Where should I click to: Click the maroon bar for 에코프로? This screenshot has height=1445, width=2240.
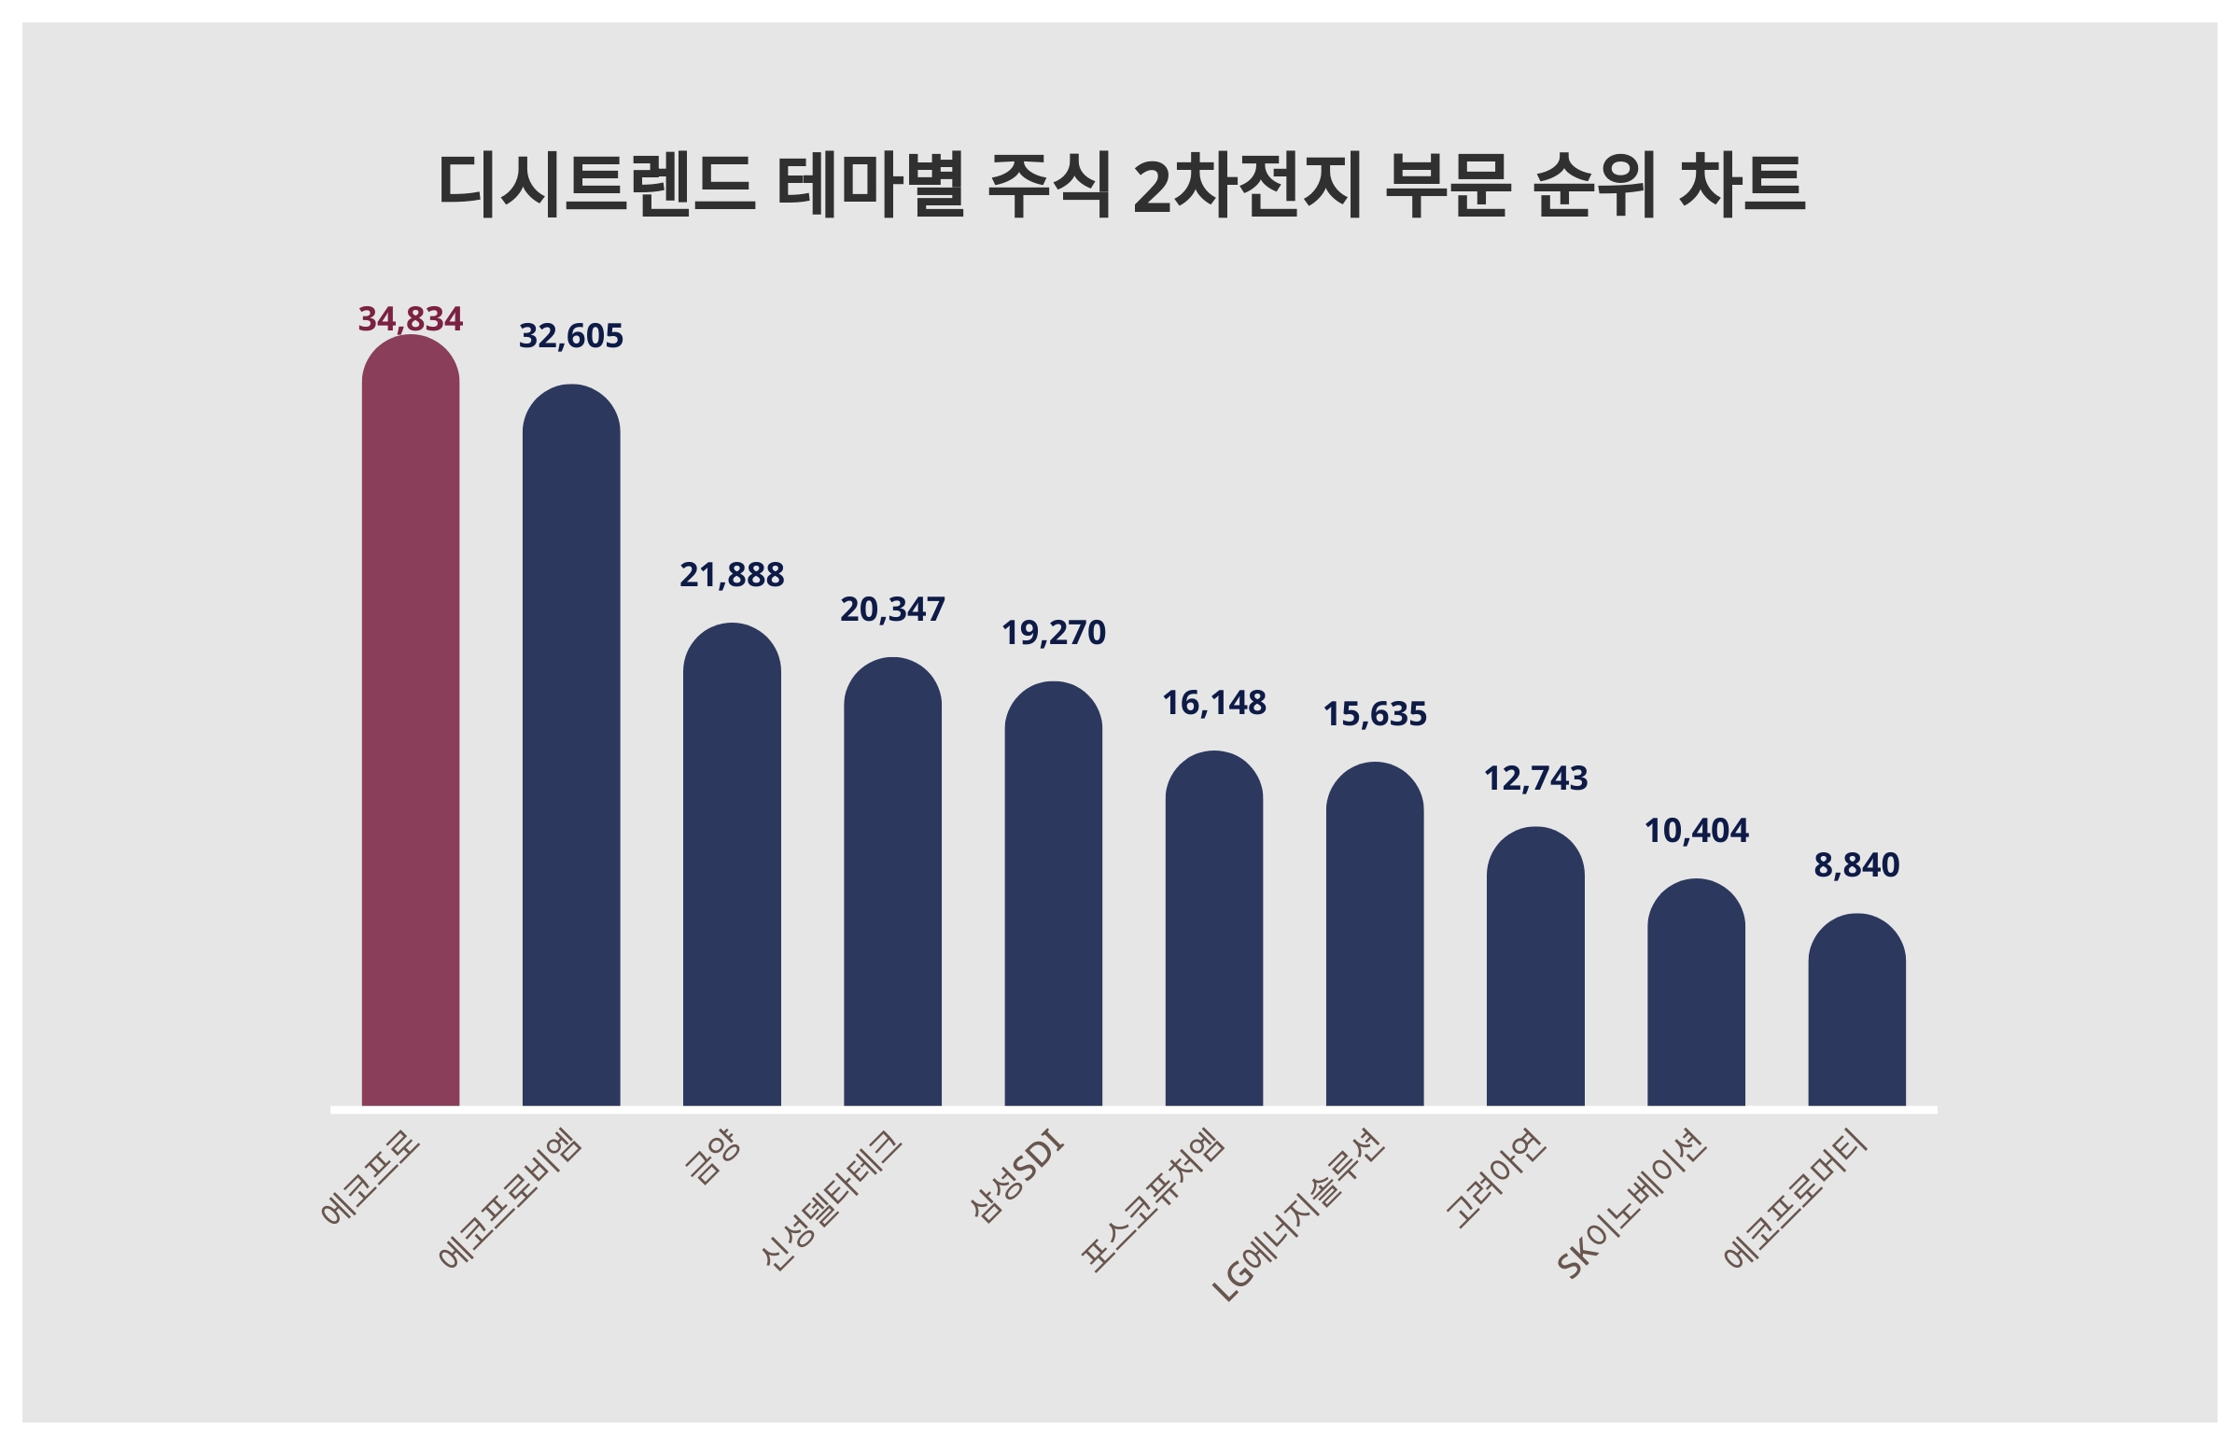[x=410, y=722]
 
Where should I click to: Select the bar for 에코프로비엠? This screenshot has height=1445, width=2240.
[x=570, y=746]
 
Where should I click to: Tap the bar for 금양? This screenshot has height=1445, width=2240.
[x=732, y=865]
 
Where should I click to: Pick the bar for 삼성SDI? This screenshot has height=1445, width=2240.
[x=1053, y=894]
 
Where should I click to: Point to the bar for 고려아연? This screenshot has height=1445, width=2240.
[x=1534, y=966]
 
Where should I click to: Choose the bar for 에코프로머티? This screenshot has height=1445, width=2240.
[x=1856, y=1011]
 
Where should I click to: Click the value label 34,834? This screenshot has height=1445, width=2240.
[x=410, y=319]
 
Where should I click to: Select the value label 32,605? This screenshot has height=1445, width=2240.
[x=570, y=336]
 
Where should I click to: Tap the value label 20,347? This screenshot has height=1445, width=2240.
[x=892, y=610]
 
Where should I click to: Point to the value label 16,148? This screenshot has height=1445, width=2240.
[x=1214, y=703]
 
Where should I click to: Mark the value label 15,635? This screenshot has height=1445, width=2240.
[x=1374, y=715]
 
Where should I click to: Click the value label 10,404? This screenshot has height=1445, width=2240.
[x=1696, y=832]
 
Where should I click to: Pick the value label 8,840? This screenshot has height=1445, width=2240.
[x=1856, y=865]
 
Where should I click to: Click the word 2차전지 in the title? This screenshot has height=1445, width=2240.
[x=1247, y=185]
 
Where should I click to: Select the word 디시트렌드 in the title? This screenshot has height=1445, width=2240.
[x=596, y=185]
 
